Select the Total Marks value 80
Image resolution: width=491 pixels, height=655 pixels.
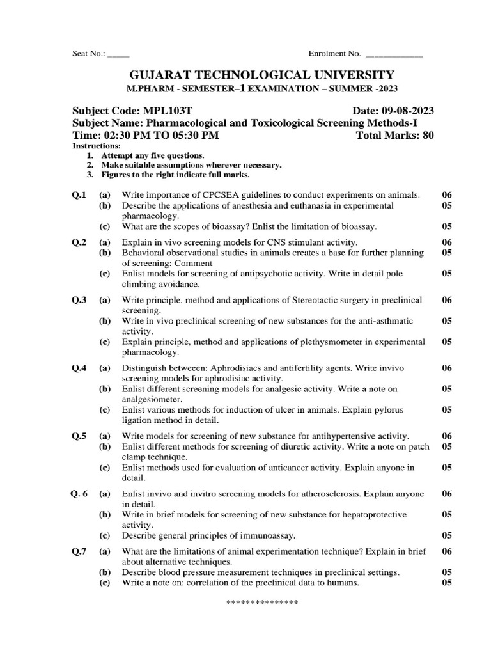point(427,136)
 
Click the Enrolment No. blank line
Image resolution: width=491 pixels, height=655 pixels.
point(393,56)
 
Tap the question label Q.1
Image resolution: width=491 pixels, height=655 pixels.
point(79,194)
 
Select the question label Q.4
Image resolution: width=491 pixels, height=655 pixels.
point(79,368)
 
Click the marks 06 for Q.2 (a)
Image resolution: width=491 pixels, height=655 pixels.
point(447,242)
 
